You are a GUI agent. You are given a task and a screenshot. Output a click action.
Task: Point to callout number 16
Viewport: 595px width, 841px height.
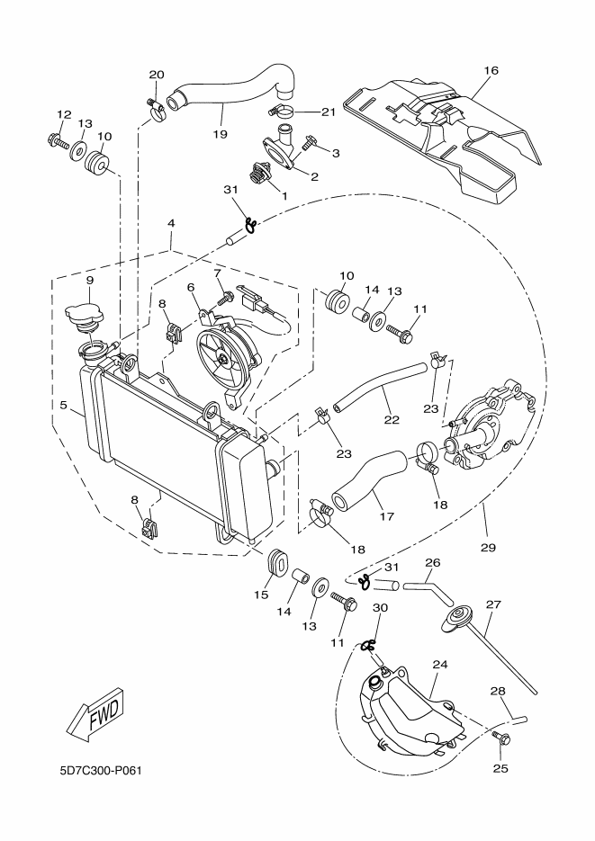(x=491, y=68)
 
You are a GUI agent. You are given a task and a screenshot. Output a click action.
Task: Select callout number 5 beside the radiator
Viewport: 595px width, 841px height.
(x=65, y=405)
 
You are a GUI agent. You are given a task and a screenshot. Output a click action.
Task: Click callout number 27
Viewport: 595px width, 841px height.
(x=492, y=604)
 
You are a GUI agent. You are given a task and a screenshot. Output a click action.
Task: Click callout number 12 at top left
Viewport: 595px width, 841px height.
(x=64, y=114)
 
